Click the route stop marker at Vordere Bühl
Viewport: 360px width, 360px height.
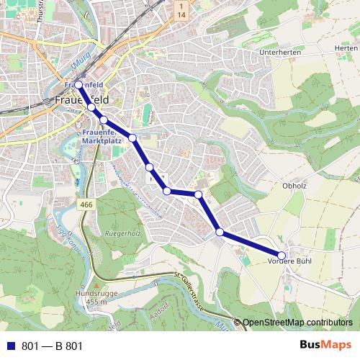pyautogui.click(x=282, y=254)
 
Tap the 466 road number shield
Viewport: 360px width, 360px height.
pyautogui.click(x=87, y=205)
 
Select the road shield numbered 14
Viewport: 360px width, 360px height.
pyautogui.click(x=181, y=10)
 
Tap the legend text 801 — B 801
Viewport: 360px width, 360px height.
pyautogui.click(x=53, y=346)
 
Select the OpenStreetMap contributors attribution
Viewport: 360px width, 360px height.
pyautogui.click(x=297, y=323)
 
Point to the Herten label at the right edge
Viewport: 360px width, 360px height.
pyautogui.click(x=346, y=48)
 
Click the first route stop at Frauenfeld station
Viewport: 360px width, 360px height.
pyautogui.click(x=79, y=85)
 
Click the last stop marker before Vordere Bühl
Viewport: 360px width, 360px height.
pyautogui.click(x=220, y=232)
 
